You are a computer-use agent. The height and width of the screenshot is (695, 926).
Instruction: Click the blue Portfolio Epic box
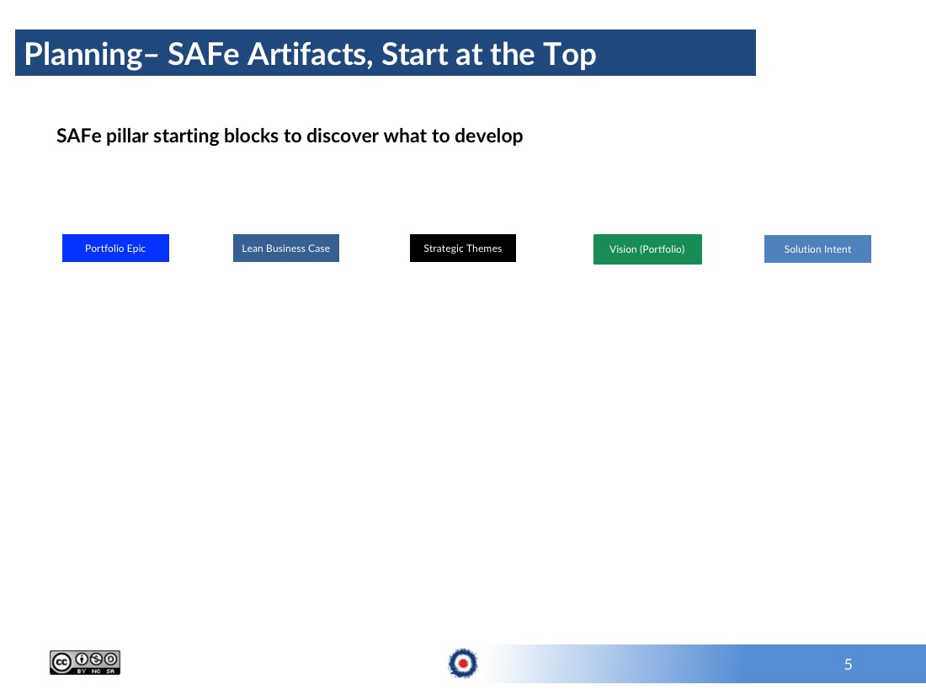(x=116, y=249)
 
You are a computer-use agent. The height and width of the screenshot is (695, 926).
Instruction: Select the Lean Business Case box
(x=286, y=249)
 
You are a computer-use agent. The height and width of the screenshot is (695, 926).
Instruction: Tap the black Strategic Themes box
(x=462, y=249)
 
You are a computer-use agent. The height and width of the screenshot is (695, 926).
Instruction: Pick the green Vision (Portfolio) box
(x=647, y=249)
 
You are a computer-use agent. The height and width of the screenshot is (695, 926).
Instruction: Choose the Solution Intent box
(x=817, y=249)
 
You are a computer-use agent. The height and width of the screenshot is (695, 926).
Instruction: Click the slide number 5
(x=848, y=665)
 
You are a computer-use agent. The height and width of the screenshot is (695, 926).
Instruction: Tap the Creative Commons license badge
(x=85, y=662)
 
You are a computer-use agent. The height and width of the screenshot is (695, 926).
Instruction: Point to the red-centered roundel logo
(x=463, y=663)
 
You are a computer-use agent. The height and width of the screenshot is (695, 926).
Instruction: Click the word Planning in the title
(x=83, y=55)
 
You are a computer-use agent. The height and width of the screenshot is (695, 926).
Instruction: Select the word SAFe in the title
(x=203, y=54)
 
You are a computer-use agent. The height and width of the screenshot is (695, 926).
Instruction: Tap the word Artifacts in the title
(x=310, y=55)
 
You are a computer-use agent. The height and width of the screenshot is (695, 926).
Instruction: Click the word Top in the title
(x=569, y=56)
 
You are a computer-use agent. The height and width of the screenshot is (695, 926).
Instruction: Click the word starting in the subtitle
(x=186, y=136)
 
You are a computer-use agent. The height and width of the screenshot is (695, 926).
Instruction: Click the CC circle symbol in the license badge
(x=61, y=662)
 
